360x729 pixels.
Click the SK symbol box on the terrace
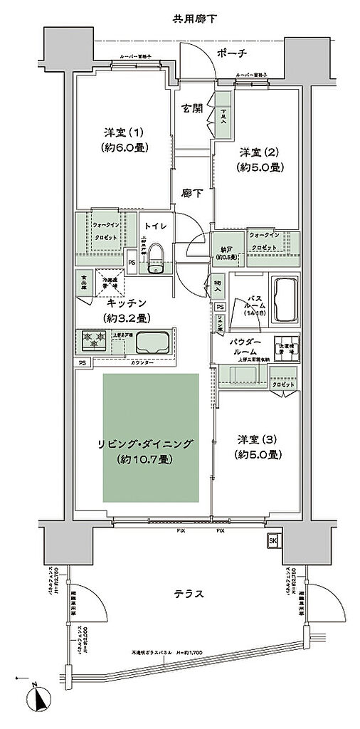click(272, 540)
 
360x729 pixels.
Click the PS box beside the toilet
click(132, 261)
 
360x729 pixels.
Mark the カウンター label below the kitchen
click(145, 362)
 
